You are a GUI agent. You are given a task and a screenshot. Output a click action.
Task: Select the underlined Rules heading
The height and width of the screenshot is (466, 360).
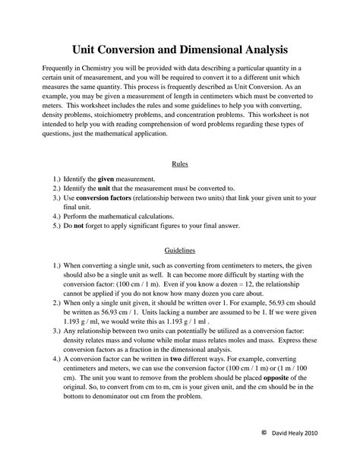tap(179, 163)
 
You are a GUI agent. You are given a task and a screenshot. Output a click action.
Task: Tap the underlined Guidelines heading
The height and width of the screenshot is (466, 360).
tap(179, 249)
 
